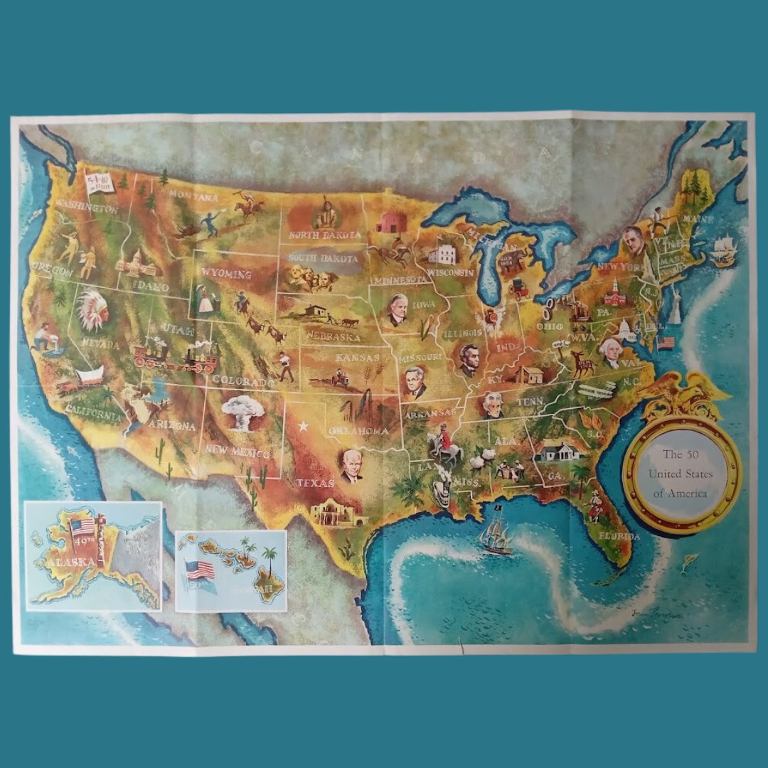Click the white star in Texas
tap(304, 427)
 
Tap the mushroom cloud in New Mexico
tap(242, 412)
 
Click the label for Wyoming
tap(225, 274)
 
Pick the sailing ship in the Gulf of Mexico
tap(496, 535)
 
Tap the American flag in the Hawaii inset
tap(200, 570)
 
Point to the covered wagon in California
tap(89, 376)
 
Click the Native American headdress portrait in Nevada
tap(92, 310)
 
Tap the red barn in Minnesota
tap(390, 220)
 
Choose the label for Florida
tap(619, 536)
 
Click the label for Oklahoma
tap(358, 430)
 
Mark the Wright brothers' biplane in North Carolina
tap(597, 389)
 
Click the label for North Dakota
tap(324, 234)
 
